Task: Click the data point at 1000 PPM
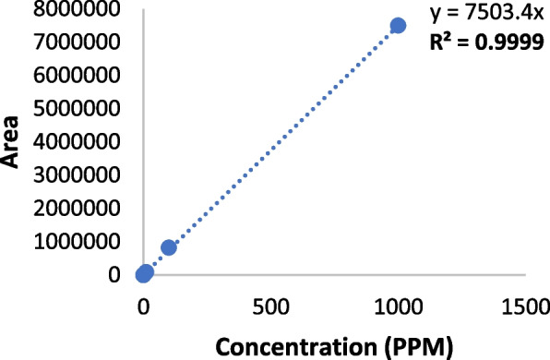click(398, 25)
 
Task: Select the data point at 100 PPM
click(169, 247)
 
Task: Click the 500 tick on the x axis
click(270, 306)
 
